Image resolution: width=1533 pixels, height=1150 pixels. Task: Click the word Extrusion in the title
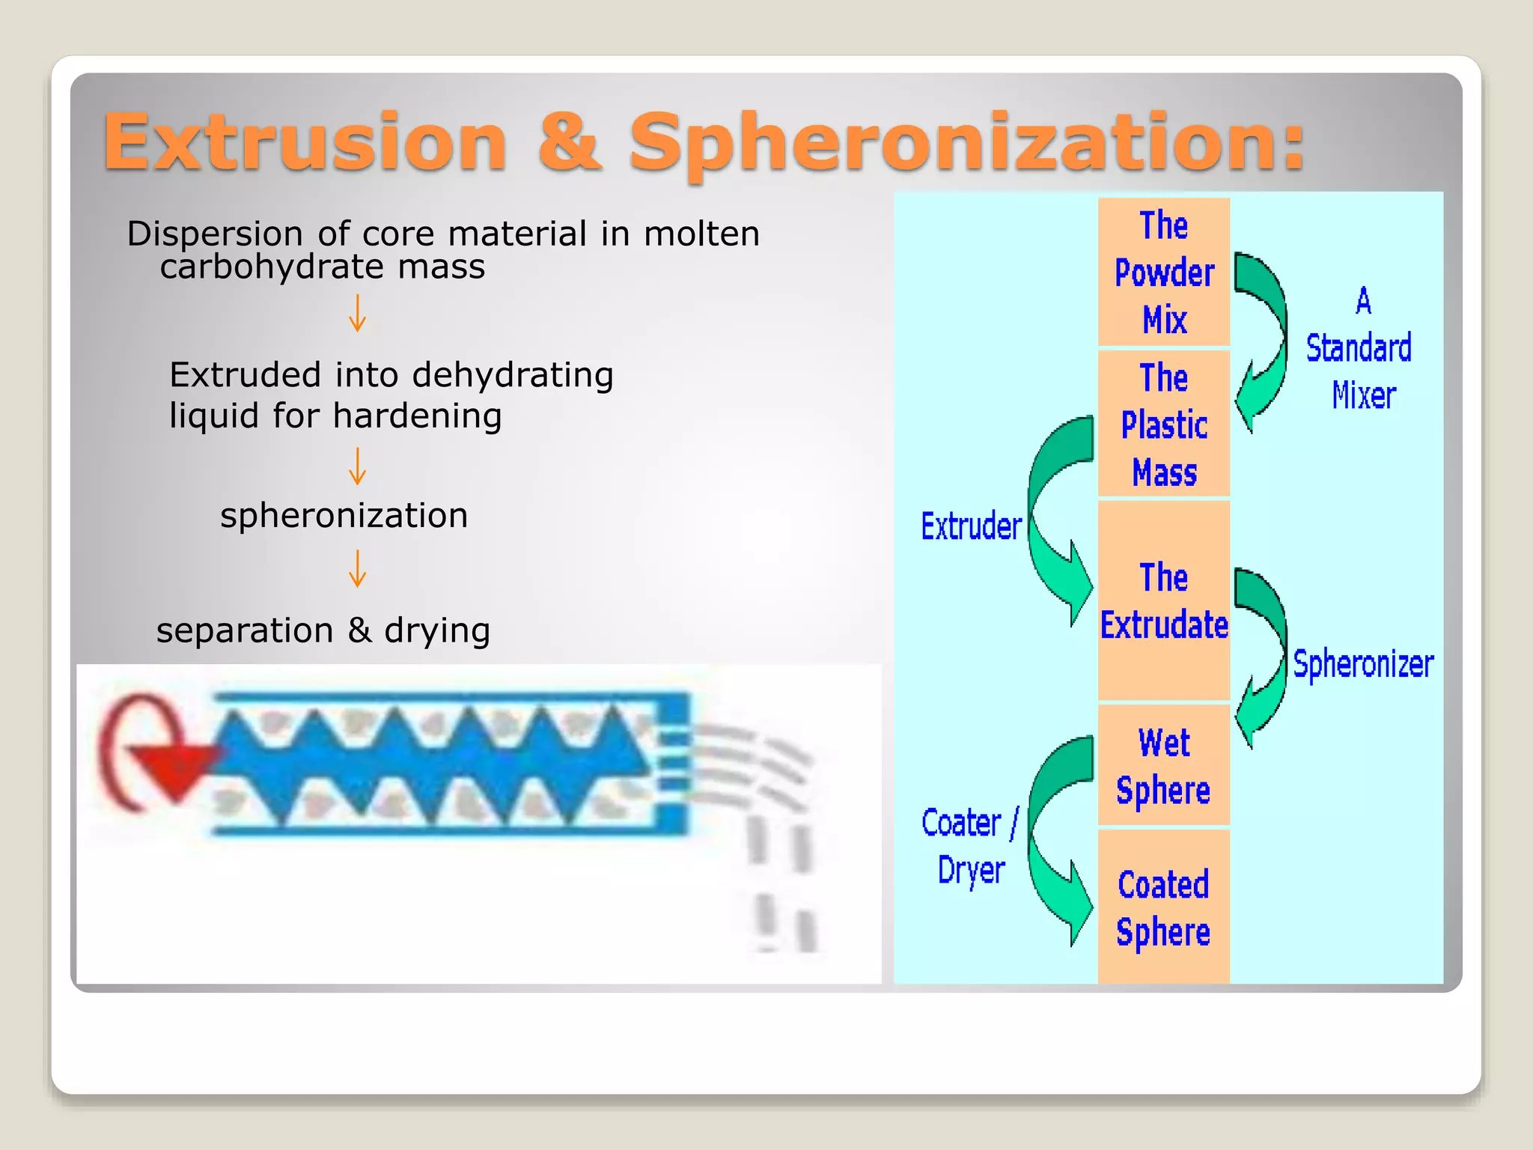(305, 142)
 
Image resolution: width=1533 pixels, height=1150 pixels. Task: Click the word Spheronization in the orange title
(966, 142)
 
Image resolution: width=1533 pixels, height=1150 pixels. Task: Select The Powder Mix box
(1164, 273)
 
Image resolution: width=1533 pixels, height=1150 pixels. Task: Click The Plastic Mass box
(1164, 425)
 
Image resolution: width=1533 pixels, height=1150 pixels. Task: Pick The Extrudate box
(1164, 601)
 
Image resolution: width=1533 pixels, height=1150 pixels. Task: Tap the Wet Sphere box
(1164, 766)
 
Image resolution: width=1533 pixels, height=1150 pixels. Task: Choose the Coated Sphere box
(1164, 907)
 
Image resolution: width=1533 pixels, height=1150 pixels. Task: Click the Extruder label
(971, 526)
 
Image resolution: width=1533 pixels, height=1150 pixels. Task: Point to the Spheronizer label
(1363, 664)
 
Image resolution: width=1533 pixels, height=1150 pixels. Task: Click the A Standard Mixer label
(1360, 348)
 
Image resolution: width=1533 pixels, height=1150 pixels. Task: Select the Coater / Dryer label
(970, 846)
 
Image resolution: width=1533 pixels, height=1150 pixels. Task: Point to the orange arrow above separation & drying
(358, 569)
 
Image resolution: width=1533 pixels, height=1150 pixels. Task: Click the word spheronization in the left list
(344, 515)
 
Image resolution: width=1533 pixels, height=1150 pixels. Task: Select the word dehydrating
(513, 375)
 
